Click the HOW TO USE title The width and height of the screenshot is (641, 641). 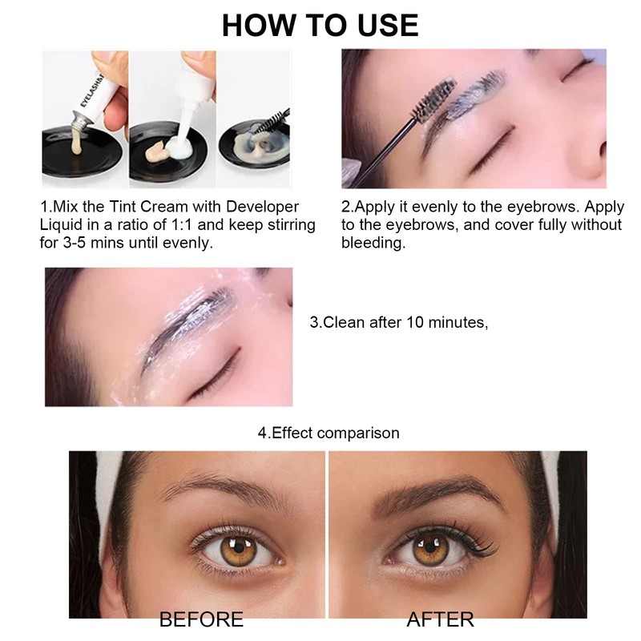click(x=320, y=25)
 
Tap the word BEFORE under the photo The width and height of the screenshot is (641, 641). click(x=201, y=619)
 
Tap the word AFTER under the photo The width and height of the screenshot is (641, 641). click(x=440, y=619)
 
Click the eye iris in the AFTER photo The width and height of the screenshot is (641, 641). click(x=425, y=551)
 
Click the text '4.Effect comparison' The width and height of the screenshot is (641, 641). click(x=328, y=433)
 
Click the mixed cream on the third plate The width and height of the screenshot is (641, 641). click(x=265, y=144)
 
